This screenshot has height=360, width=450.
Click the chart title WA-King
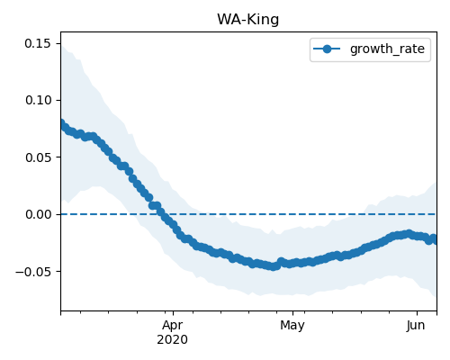pos(248,20)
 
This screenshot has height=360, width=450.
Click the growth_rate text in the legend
pos(387,49)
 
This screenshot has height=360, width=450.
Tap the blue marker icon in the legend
pos(327,49)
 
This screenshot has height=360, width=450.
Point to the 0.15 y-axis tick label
pos(38,43)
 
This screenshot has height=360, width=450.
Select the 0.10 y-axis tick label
pos(38,100)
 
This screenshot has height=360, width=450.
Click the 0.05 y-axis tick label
pos(38,157)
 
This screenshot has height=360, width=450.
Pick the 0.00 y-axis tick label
pos(38,214)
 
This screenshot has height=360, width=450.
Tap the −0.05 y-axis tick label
pos(33,272)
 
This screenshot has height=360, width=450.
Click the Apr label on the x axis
pos(173,326)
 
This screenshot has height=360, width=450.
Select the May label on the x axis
pos(292,326)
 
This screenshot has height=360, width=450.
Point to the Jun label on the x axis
pos(416,325)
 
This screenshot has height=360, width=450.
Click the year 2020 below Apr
pos(173,339)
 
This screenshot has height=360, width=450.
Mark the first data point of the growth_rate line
pos(61,123)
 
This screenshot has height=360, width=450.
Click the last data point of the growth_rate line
pos(434,239)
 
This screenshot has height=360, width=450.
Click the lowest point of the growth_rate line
pos(274,266)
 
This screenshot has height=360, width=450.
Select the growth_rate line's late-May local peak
pos(409,233)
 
